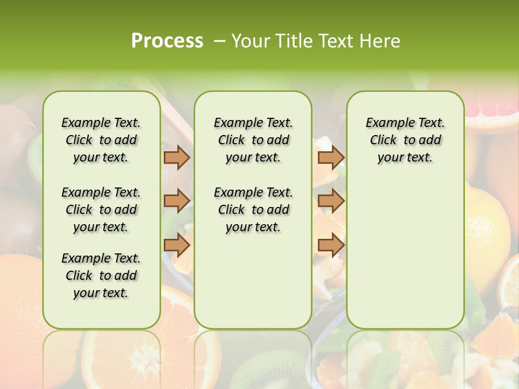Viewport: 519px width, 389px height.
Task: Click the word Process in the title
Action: point(167,41)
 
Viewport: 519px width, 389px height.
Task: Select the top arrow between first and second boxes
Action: point(176,158)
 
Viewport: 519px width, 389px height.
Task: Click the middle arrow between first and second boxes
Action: point(176,200)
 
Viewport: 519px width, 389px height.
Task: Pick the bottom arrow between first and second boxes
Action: point(176,245)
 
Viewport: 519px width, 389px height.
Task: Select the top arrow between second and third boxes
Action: point(331,158)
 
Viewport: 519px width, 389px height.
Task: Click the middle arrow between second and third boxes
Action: point(331,200)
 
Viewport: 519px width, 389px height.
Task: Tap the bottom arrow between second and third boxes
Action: point(331,245)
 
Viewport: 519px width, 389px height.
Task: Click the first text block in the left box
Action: point(101,140)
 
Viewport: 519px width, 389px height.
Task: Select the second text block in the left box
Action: point(101,210)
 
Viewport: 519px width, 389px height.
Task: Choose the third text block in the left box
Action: point(101,276)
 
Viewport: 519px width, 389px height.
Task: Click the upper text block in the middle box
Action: point(253,140)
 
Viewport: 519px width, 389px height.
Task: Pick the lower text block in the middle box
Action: point(253,210)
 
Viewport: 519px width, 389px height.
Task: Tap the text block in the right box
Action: point(405,140)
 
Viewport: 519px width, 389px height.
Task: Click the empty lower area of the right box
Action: point(405,254)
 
